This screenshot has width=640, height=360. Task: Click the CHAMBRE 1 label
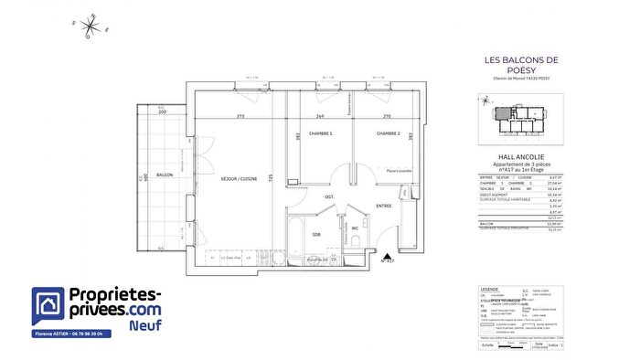(320, 134)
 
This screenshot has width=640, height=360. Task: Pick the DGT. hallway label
(329, 196)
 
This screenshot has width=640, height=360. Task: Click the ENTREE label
(383, 206)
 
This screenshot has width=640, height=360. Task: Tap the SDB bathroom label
(315, 235)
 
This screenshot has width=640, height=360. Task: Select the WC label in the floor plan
(354, 228)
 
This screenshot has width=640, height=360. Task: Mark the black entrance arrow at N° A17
(386, 257)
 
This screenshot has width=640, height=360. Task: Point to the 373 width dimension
(240, 116)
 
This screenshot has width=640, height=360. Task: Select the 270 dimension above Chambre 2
(385, 116)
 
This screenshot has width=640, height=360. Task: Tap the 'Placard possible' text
(400, 171)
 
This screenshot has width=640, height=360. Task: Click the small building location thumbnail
(521, 118)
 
